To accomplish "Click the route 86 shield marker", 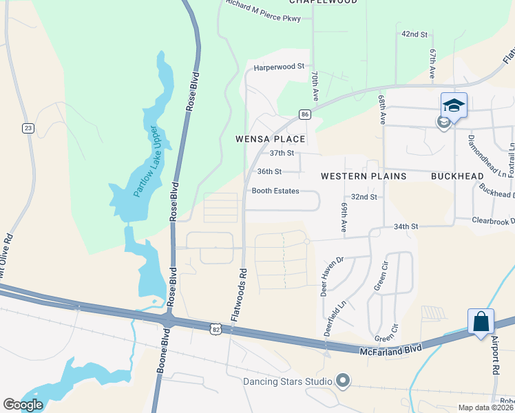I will point(304,114).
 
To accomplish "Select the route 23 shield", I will point(28,127).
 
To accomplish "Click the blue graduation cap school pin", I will point(454,105).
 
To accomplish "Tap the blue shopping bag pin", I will point(481,321).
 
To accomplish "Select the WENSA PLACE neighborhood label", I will point(266,139).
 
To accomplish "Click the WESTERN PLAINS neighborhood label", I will point(364,176).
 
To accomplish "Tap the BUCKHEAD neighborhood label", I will point(457,176).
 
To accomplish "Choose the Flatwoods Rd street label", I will point(239,296).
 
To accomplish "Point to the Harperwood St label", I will point(279,67).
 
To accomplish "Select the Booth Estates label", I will point(275,191).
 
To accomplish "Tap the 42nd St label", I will point(414,34).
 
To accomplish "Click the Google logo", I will point(23,405).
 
